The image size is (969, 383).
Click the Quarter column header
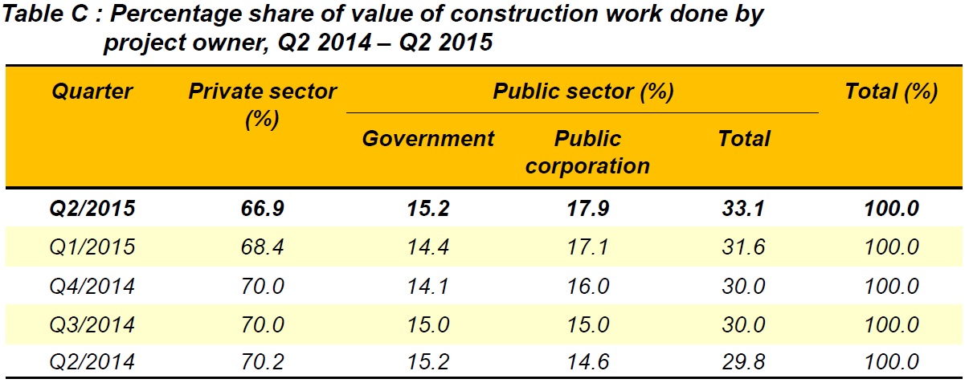(x=92, y=92)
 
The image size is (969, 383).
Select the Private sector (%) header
(x=262, y=104)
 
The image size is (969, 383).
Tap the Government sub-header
(x=428, y=139)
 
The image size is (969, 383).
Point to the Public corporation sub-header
(x=588, y=152)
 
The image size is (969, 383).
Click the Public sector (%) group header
(x=583, y=92)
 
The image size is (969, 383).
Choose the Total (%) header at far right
(x=891, y=92)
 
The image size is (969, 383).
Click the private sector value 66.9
(x=262, y=209)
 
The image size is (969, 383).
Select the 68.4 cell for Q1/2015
(x=262, y=247)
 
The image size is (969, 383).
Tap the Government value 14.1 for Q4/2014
(x=428, y=286)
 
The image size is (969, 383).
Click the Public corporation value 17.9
(x=588, y=209)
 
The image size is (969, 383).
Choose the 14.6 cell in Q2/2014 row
(x=588, y=363)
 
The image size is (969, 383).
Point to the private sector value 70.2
(x=262, y=363)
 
